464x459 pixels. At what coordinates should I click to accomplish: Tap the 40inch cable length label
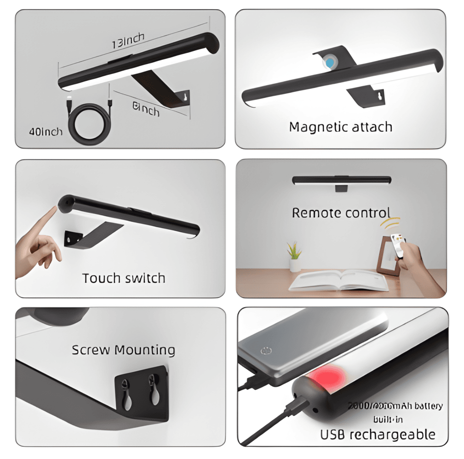click(46, 132)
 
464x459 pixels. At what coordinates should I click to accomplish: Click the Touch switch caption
click(124, 278)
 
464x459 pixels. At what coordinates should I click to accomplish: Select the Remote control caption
click(341, 213)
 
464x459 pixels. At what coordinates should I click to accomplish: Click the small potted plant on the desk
click(294, 257)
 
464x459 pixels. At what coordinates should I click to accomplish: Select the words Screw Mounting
click(123, 350)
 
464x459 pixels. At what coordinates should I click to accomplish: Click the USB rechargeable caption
click(378, 434)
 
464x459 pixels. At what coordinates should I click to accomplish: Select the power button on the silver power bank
click(265, 351)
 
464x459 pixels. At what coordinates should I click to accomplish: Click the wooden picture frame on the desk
click(384, 255)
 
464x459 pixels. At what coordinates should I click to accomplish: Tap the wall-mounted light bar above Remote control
click(341, 180)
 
